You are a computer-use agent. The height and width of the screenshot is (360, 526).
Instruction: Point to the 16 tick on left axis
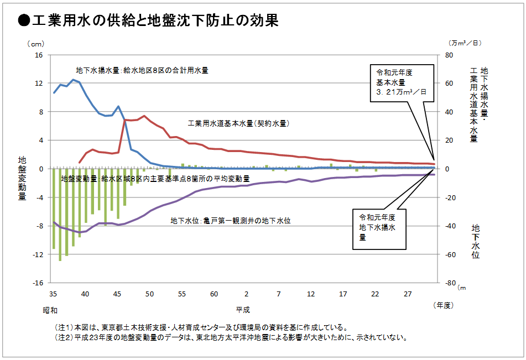[39, 55]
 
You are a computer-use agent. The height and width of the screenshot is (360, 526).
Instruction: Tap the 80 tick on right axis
[449, 55]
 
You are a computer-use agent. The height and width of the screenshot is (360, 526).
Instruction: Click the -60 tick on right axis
[450, 254]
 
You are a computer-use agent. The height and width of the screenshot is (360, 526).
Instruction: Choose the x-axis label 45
[117, 294]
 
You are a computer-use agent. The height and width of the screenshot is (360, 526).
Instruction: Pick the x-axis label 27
[407, 294]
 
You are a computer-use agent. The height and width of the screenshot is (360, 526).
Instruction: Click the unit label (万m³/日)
[465, 43]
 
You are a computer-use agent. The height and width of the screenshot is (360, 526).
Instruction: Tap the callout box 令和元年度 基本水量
[402, 82]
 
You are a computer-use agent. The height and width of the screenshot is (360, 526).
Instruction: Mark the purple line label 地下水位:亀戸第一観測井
[230, 221]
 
